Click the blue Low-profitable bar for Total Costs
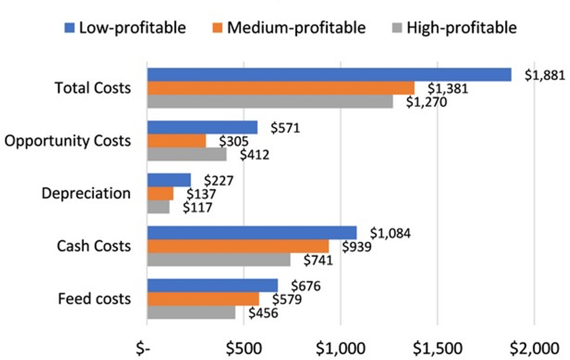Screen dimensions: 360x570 pyautogui.click(x=329, y=75)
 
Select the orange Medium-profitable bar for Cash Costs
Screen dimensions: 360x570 pyautogui.click(x=238, y=246)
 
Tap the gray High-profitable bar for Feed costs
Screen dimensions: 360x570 pyautogui.click(x=191, y=312)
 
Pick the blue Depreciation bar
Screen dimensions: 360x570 pyautogui.click(x=169, y=180)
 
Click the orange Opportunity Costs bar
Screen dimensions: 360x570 pyautogui.click(x=176, y=141)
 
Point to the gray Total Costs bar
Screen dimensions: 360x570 pyautogui.click(x=270, y=101)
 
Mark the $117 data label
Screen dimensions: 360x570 pyautogui.click(x=198, y=207)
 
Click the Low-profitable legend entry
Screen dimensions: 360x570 pyautogui.click(x=125, y=27)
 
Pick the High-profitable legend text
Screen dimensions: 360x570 pyautogui.click(x=461, y=27)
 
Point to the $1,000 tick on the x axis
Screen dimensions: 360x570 pyautogui.click(x=341, y=347)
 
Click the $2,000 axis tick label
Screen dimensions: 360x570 pyautogui.click(x=533, y=347)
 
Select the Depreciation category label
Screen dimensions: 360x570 pyautogui.click(x=86, y=194)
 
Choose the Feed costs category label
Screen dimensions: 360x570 pyautogui.click(x=94, y=299)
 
